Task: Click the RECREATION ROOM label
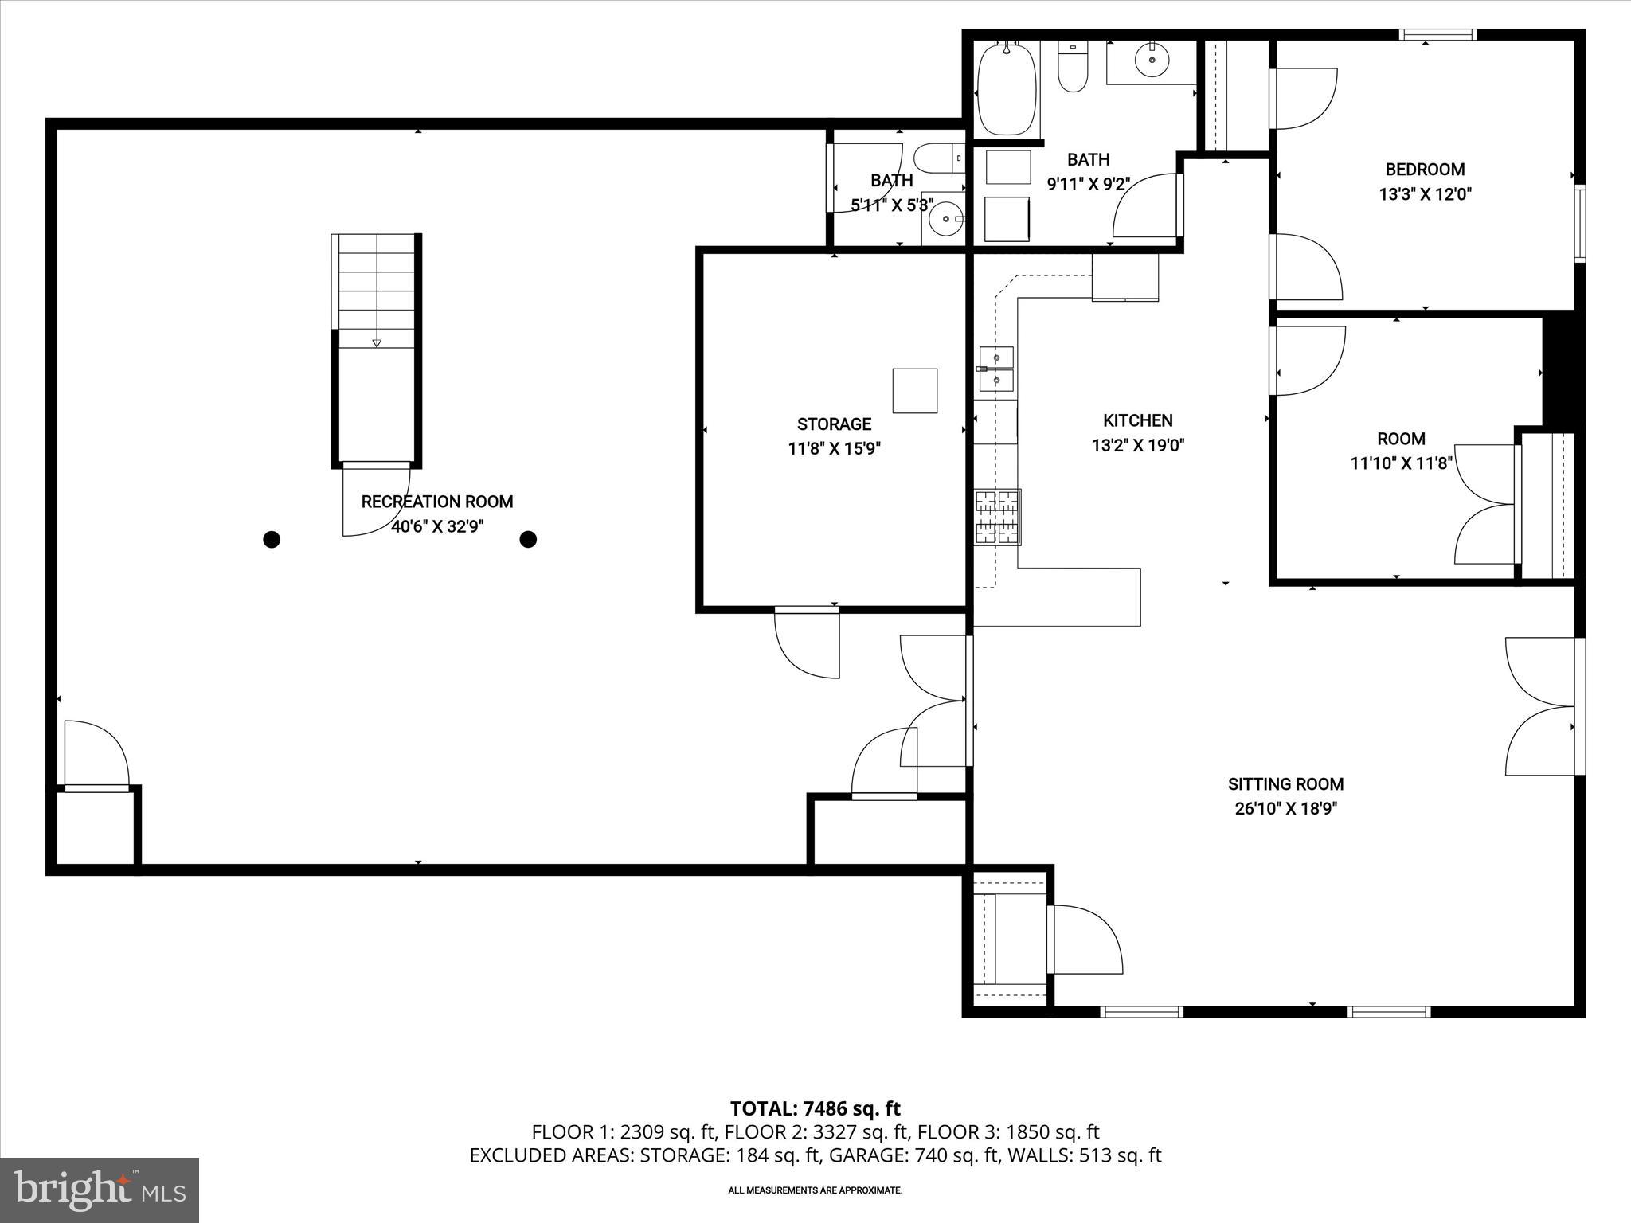[x=436, y=502]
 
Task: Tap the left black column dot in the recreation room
[x=272, y=540]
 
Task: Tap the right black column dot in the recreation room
[x=528, y=540]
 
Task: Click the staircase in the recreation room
[x=376, y=318]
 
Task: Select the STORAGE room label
[x=834, y=424]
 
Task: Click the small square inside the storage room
[x=914, y=390]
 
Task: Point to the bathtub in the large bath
[x=1007, y=89]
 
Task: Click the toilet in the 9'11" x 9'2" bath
[x=1072, y=68]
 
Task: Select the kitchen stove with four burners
[x=998, y=517]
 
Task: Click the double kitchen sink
[x=996, y=369]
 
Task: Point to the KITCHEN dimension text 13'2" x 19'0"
[x=1137, y=446]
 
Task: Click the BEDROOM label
[x=1425, y=170]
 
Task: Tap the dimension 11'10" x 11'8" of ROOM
[x=1401, y=463]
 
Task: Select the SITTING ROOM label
[x=1285, y=784]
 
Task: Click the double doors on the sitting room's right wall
[x=1542, y=706]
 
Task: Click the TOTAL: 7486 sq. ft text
[x=815, y=1108]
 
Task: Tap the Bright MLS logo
[x=100, y=1190]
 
